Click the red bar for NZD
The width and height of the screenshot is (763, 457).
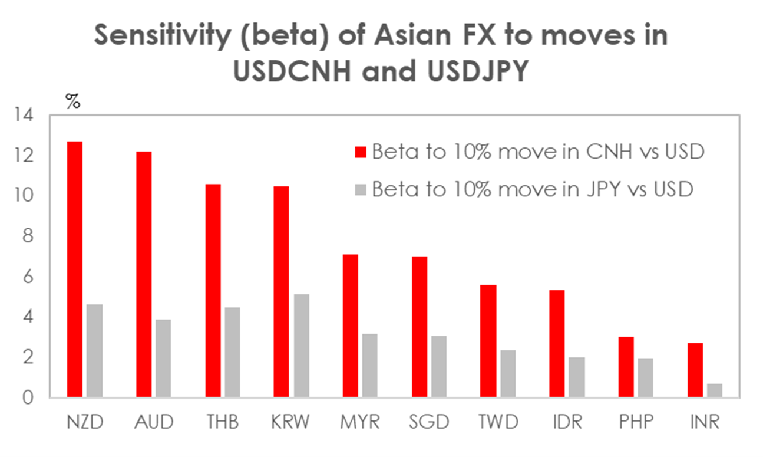coord(75,269)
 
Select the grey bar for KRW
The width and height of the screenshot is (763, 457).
coord(301,346)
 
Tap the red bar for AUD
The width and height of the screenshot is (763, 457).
coord(144,274)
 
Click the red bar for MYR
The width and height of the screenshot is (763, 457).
coord(350,326)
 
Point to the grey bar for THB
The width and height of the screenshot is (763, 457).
coord(232,352)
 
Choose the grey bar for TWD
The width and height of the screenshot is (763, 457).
coord(508,373)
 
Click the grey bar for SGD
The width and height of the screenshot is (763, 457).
coord(439,366)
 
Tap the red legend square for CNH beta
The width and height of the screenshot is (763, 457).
coord(361,153)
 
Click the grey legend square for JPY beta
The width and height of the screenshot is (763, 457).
coord(361,190)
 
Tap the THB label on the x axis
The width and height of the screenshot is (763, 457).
coord(223,423)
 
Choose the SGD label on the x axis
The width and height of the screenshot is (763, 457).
coord(429,423)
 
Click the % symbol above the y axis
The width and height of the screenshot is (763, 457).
coord(72,101)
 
